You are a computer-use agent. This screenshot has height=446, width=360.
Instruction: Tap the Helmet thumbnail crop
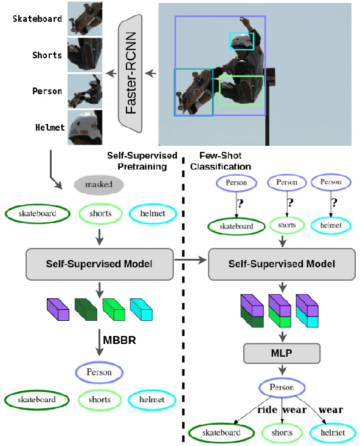[85, 128]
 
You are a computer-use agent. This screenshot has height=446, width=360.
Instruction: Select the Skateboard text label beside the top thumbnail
[38, 19]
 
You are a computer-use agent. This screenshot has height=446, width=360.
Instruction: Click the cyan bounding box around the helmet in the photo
[241, 41]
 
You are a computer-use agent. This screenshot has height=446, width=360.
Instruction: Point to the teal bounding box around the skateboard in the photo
[193, 92]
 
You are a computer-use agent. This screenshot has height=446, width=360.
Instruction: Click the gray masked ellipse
[99, 184]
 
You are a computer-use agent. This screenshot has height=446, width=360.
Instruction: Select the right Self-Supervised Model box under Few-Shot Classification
[282, 264]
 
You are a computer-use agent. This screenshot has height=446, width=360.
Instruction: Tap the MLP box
[282, 352]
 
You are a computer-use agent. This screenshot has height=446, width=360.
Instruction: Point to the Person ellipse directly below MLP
[282, 387]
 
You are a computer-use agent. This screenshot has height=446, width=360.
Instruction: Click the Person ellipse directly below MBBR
[99, 372]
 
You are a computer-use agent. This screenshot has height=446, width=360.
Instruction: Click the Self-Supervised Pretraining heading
[142, 161]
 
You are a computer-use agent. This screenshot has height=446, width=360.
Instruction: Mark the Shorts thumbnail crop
[85, 55]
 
